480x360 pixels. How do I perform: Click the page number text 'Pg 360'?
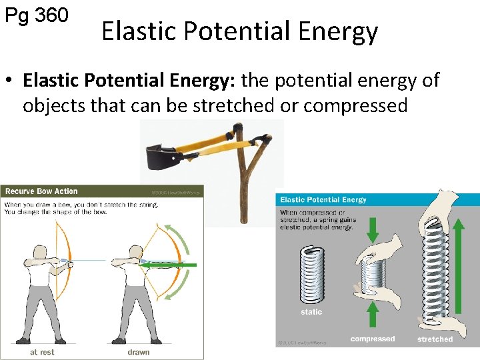37,15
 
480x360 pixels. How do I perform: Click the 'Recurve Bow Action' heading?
42,191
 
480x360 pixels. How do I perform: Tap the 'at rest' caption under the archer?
43,351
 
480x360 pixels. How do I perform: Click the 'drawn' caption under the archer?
139,351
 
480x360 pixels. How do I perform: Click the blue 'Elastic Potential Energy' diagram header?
323,199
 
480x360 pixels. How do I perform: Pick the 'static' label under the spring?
311,312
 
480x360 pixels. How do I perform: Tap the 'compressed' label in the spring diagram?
373,339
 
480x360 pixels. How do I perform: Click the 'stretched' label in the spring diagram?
435,339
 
